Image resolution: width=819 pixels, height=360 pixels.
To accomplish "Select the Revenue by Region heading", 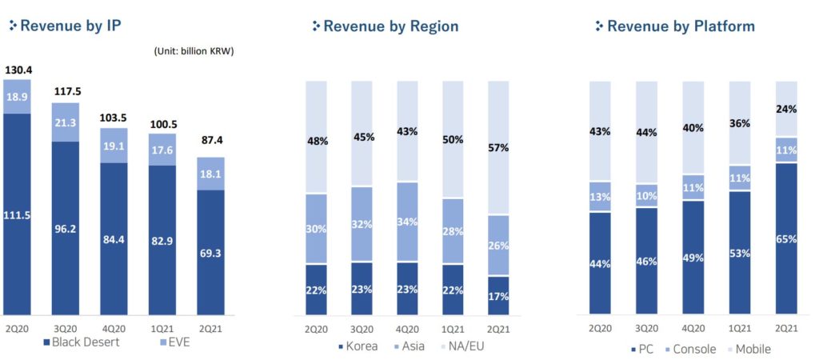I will click(x=390, y=26).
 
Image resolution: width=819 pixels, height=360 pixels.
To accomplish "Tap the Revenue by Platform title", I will click(x=680, y=26).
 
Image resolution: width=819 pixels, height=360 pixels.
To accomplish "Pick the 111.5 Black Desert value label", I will click(x=17, y=216).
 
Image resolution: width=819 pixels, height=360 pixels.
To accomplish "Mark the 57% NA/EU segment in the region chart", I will click(x=499, y=149).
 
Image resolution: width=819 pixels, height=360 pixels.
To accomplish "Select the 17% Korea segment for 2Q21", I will click(x=499, y=295).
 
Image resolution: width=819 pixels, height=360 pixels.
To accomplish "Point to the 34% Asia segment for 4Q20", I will click(x=408, y=222).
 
